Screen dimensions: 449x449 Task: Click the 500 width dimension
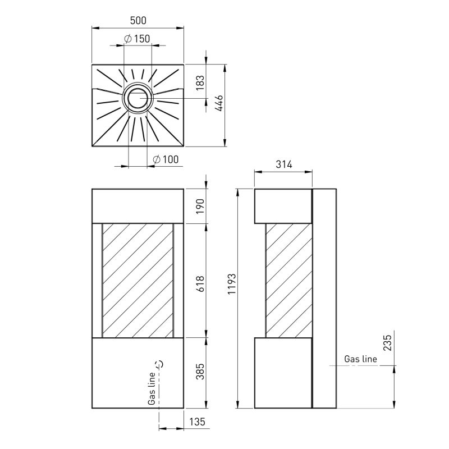click(138, 21)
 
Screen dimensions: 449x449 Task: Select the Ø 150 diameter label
click(137, 39)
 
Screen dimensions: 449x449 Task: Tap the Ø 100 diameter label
click(166, 159)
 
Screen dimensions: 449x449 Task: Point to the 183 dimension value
click(200, 83)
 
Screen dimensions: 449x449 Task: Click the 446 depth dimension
click(219, 103)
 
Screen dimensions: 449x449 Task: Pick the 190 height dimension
click(200, 206)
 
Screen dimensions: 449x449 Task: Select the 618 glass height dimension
click(200, 284)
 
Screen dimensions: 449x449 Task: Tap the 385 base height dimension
click(200, 372)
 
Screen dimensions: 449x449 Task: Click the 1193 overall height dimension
click(231, 284)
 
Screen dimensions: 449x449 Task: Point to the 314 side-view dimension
click(284, 164)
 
